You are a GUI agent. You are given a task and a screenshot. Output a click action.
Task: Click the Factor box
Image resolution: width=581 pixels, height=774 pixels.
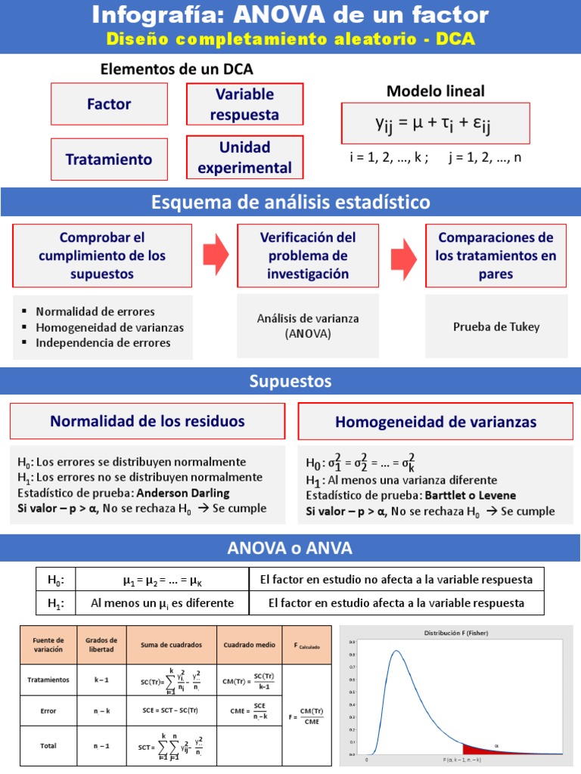tap(109, 104)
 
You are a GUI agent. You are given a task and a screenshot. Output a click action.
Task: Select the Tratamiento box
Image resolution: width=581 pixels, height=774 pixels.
tap(109, 159)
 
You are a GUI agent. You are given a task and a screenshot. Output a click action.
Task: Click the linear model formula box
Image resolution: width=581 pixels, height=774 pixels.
tap(435, 123)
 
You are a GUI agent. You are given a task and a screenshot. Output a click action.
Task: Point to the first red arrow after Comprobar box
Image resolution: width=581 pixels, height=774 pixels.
tap(216, 255)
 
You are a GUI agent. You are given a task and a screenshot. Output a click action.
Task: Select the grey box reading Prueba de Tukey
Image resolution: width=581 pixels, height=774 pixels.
tap(496, 327)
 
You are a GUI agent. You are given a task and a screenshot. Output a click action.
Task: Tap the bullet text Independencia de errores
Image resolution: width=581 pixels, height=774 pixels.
tap(103, 342)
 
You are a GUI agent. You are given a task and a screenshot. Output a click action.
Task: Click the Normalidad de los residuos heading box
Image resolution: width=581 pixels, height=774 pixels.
tap(148, 421)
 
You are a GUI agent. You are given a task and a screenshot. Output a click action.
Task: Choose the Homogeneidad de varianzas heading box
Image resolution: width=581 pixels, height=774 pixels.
tap(436, 422)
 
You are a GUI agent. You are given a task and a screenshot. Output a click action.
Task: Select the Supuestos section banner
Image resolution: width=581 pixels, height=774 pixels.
tap(290, 382)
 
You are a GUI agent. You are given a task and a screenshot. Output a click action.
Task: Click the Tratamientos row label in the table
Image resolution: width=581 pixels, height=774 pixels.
tap(48, 680)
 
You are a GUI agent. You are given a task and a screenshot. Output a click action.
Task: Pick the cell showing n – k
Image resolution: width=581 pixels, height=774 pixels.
tap(101, 711)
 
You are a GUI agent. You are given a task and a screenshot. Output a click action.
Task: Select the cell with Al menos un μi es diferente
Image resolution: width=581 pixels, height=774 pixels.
tap(163, 603)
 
